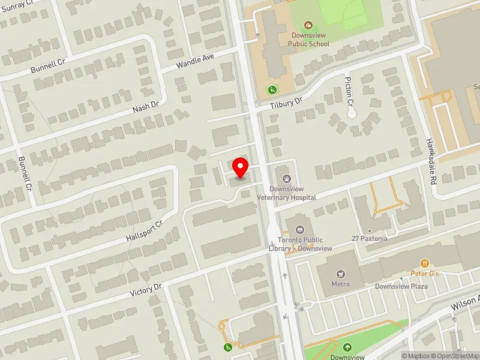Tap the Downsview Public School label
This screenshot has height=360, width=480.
coord(308,40)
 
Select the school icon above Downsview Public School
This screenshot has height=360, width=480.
coord(308,25)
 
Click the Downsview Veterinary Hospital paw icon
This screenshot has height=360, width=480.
coord(287,178)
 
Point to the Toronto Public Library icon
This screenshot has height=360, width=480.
coord(299,229)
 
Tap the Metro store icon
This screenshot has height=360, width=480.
coord(340,273)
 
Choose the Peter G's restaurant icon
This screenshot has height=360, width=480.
coord(425,263)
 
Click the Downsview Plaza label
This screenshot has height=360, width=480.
coord(401,286)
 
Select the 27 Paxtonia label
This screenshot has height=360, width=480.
coord(370,238)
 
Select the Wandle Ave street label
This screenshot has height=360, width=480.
coord(195,61)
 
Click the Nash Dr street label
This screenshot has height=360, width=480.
coord(146,106)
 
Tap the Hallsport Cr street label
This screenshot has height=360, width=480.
coord(144,231)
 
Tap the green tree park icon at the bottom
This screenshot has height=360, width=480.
coord(347,347)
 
